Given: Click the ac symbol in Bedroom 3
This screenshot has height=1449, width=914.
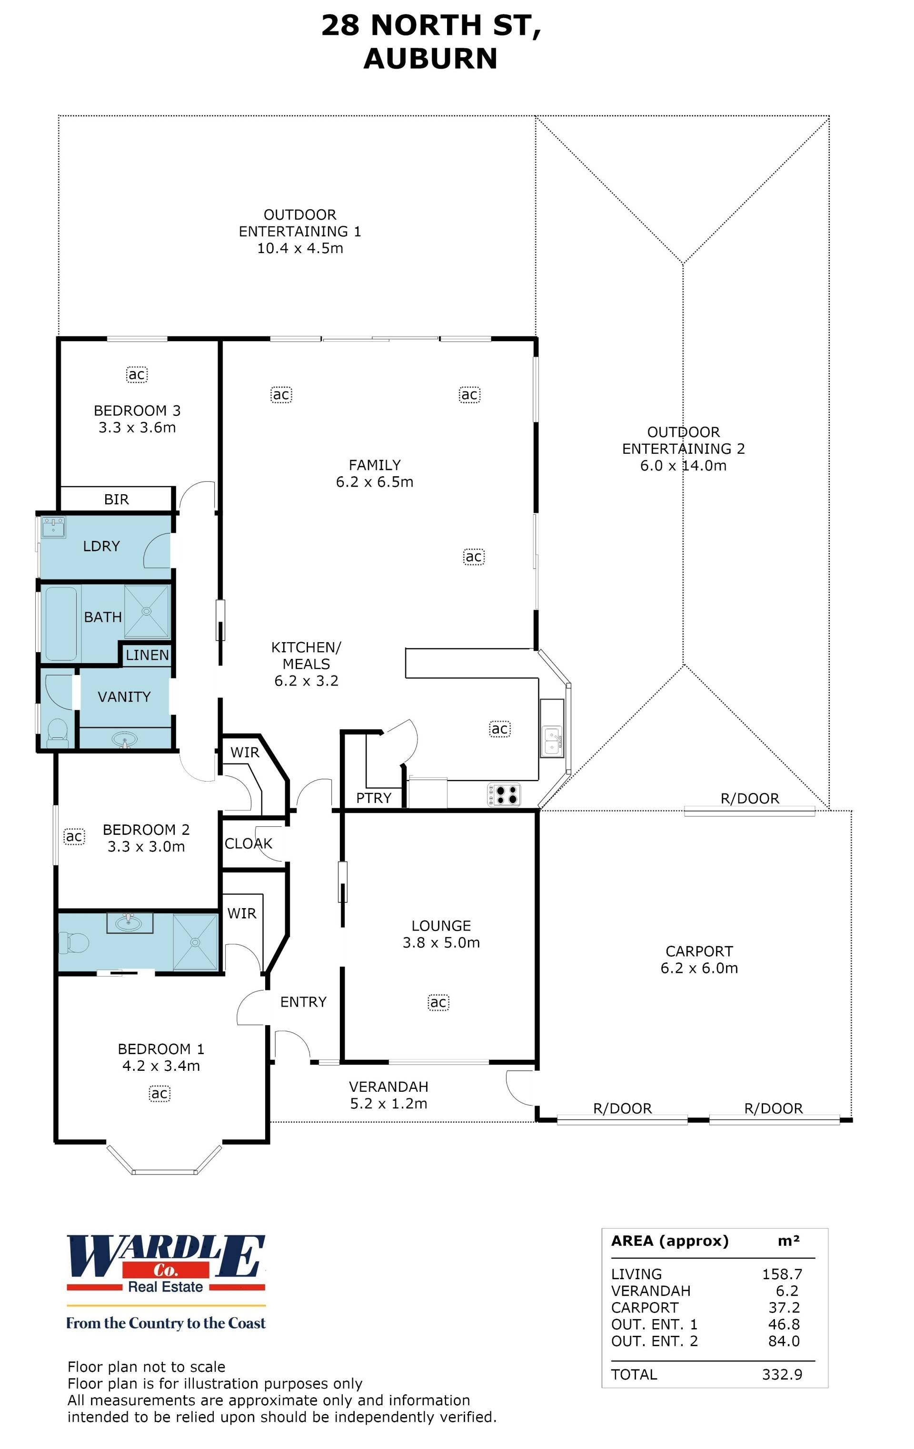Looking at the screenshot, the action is tap(137, 374).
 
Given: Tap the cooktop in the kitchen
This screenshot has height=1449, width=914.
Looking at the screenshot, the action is tap(504, 794).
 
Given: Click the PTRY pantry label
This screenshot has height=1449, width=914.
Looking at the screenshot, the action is tap(374, 798).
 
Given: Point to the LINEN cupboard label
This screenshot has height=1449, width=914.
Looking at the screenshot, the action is tap(148, 655).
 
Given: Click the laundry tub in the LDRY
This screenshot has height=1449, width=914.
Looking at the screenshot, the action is tap(54, 528).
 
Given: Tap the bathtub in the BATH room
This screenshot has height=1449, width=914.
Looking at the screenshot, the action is tap(61, 623).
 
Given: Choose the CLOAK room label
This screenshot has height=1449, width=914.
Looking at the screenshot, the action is tap(248, 843).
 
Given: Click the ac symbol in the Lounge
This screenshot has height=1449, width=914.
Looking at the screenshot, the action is tap(438, 1002).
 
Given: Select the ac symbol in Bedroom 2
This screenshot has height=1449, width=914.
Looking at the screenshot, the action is tap(74, 836).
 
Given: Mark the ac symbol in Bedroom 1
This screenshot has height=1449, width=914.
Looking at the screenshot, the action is tap(159, 1093).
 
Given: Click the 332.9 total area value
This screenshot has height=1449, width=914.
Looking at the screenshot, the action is tap(782, 1374).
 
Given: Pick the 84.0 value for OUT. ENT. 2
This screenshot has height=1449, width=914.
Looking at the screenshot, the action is tap(784, 1341).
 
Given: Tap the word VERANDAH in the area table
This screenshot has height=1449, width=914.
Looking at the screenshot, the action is tap(651, 1291).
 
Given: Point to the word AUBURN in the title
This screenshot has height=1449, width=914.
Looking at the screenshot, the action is tap(430, 59).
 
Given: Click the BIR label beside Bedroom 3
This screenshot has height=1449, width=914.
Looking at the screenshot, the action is tap(116, 499).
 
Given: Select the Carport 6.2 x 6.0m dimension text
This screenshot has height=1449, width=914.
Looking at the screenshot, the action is tap(699, 968).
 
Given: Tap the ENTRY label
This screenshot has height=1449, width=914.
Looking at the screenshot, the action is tap(303, 1002).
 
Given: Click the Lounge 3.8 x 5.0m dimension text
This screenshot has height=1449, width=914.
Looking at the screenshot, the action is tap(441, 942).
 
